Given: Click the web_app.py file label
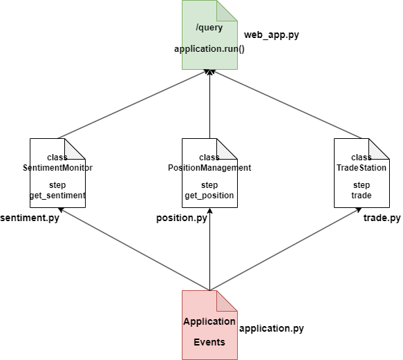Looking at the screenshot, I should (x=272, y=35).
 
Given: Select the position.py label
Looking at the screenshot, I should (x=182, y=218).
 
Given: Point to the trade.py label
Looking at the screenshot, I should (x=382, y=218).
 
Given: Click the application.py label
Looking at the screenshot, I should (x=271, y=329).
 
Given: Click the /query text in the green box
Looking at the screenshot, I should (x=209, y=28).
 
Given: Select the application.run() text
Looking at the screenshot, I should (x=209, y=49).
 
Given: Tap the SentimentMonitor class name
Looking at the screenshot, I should (x=57, y=168).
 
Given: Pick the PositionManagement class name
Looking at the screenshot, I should (x=209, y=168).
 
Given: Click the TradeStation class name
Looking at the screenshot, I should (x=362, y=168).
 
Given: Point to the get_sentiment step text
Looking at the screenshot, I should (x=57, y=196).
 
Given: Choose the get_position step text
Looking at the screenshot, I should (x=209, y=196).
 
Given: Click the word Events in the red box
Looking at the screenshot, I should (x=209, y=342).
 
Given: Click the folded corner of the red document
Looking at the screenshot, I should (x=227, y=300).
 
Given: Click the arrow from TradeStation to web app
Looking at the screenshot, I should (x=287, y=104).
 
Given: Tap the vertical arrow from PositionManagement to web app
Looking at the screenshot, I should (x=209, y=104).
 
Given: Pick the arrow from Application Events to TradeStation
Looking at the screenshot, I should (x=287, y=249).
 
